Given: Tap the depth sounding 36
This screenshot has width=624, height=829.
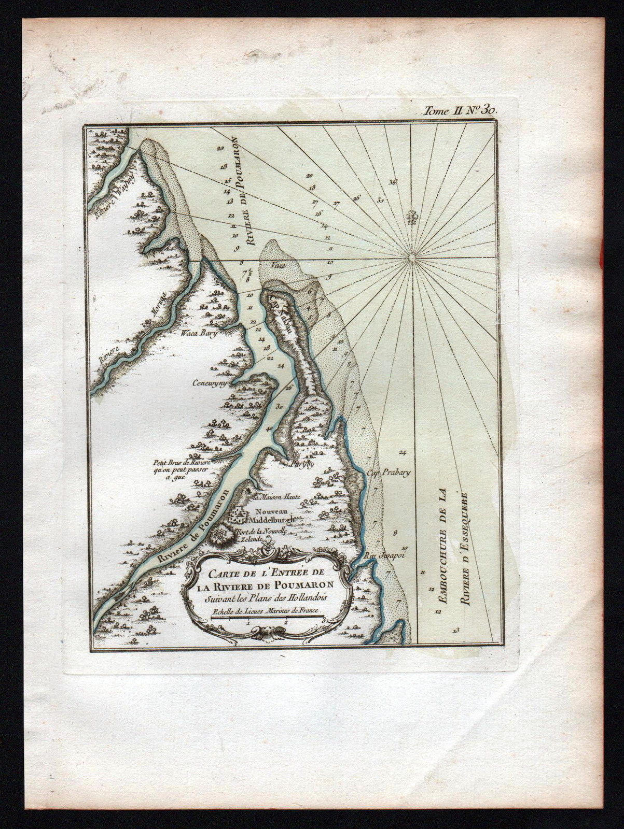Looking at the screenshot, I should pos(392,182).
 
